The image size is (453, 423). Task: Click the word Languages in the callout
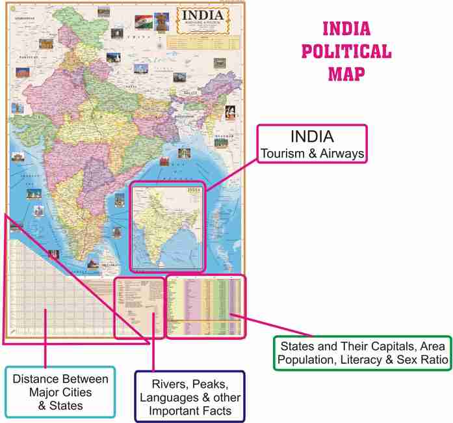pyautogui.click(x=172, y=397)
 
